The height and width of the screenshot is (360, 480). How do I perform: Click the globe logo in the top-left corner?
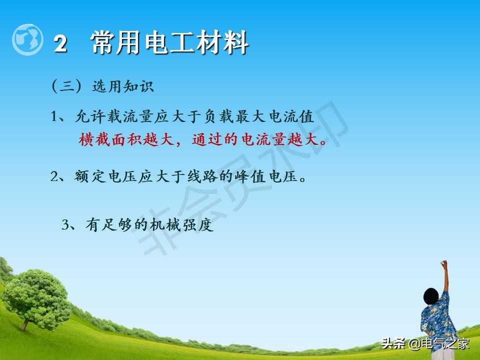[x=28, y=39]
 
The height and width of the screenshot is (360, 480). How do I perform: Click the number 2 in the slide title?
[x=60, y=44]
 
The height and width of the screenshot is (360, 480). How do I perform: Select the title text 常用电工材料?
[x=170, y=43]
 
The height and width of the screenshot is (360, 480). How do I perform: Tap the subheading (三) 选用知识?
[x=102, y=86]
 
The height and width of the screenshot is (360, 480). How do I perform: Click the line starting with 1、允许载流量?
[x=182, y=117]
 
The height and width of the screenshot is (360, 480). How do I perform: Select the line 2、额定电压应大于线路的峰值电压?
[x=178, y=177]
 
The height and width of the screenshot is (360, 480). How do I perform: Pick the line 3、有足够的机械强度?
[x=137, y=225]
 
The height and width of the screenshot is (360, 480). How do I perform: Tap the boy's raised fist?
[x=443, y=263]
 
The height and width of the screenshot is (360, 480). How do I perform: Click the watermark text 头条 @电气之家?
[x=425, y=344]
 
